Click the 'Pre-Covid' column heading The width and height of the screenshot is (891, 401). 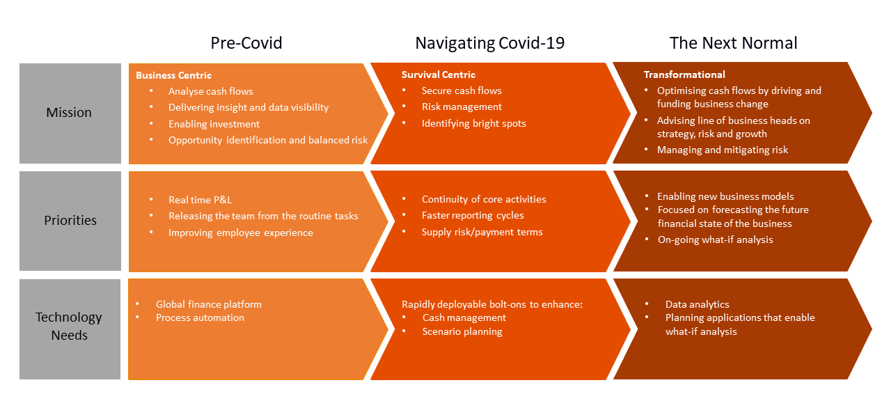tap(246, 43)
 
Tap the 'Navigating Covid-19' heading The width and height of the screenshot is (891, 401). tap(490, 43)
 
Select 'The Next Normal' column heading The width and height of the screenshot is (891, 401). tap(733, 43)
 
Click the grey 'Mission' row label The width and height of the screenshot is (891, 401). tap(69, 113)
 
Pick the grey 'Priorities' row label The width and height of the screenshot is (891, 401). tap(70, 221)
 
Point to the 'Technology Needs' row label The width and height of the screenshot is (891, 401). tap(69, 326)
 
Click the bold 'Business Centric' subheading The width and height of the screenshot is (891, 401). tap(173, 75)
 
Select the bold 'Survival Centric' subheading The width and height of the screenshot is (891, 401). tap(439, 74)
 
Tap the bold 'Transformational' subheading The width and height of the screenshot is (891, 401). tap(684, 74)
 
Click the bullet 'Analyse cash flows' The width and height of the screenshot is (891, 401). tap(210, 91)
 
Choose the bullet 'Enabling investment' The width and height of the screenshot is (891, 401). tap(214, 124)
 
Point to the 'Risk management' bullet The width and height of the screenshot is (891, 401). tap(462, 107)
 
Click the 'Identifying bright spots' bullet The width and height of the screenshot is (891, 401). tap(473, 124)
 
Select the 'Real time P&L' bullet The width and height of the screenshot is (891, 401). tap(200, 200)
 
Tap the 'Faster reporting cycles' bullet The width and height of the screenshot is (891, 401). tap(473, 216)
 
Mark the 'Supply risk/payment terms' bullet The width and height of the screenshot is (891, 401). tap(482, 233)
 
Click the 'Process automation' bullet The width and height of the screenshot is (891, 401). tap(200, 318)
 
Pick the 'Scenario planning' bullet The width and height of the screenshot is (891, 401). tap(462, 332)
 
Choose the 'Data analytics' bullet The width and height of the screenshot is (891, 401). tap(697, 304)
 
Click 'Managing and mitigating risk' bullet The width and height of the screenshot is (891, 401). tap(723, 150)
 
